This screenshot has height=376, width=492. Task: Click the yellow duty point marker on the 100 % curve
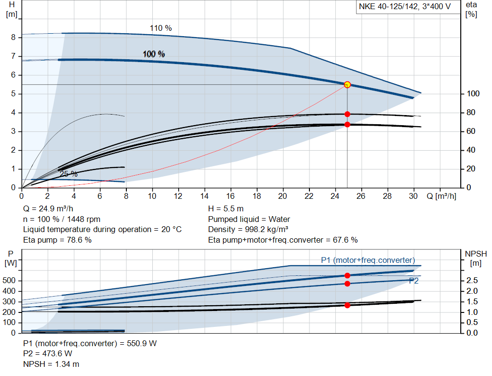(x=347, y=85)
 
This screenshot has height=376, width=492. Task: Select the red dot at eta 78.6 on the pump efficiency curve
(x=347, y=114)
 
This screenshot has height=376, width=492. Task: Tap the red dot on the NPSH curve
(x=347, y=305)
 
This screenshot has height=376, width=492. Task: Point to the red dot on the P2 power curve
(x=347, y=284)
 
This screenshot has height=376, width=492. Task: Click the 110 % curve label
(x=160, y=28)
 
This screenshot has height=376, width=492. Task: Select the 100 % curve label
(x=154, y=54)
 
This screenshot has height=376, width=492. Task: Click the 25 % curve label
(x=68, y=174)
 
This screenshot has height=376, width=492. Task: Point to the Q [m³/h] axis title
(x=441, y=196)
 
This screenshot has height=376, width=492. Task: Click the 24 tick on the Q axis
(x=334, y=196)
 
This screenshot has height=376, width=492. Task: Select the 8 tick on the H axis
(x=13, y=38)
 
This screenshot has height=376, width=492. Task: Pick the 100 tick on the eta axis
(x=472, y=94)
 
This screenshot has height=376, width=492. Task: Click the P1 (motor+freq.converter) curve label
(x=368, y=260)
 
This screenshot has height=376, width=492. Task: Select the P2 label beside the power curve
(x=413, y=281)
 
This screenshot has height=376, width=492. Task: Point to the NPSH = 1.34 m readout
(x=51, y=364)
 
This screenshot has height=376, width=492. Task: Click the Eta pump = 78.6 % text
(x=57, y=240)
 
